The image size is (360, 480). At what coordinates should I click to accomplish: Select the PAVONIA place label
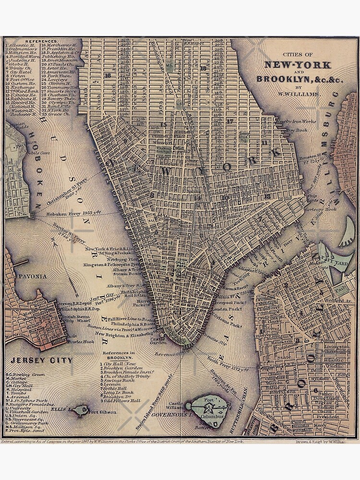pyautogui.click(x=33, y=276)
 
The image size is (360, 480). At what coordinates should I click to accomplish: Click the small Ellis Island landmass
pyautogui.click(x=82, y=409)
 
